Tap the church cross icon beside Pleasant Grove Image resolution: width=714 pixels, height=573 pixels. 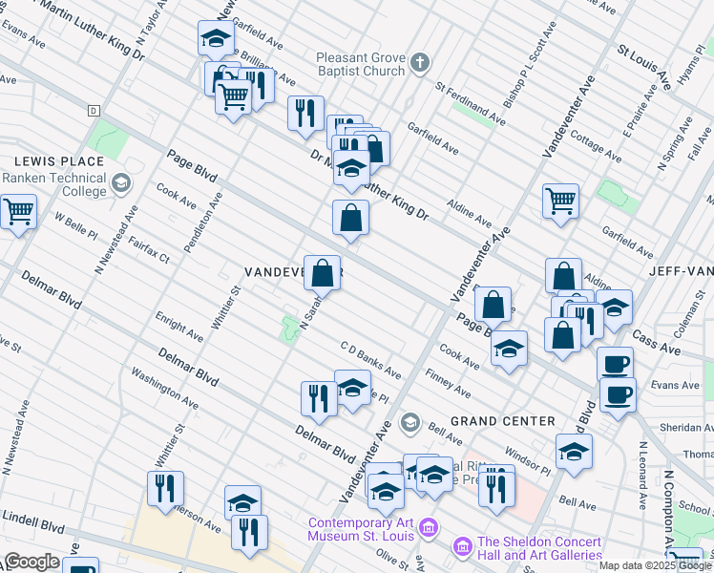click(x=419, y=64)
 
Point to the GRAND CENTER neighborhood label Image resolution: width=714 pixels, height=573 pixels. click(x=502, y=421)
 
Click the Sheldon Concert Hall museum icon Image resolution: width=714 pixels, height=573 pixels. click(x=462, y=546)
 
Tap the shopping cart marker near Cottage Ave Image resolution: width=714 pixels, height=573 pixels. click(x=560, y=201)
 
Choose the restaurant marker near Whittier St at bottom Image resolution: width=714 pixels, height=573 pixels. click(x=165, y=488)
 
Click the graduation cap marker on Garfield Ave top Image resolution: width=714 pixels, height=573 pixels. click(x=216, y=39)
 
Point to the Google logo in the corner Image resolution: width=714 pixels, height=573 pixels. click(x=31, y=562)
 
